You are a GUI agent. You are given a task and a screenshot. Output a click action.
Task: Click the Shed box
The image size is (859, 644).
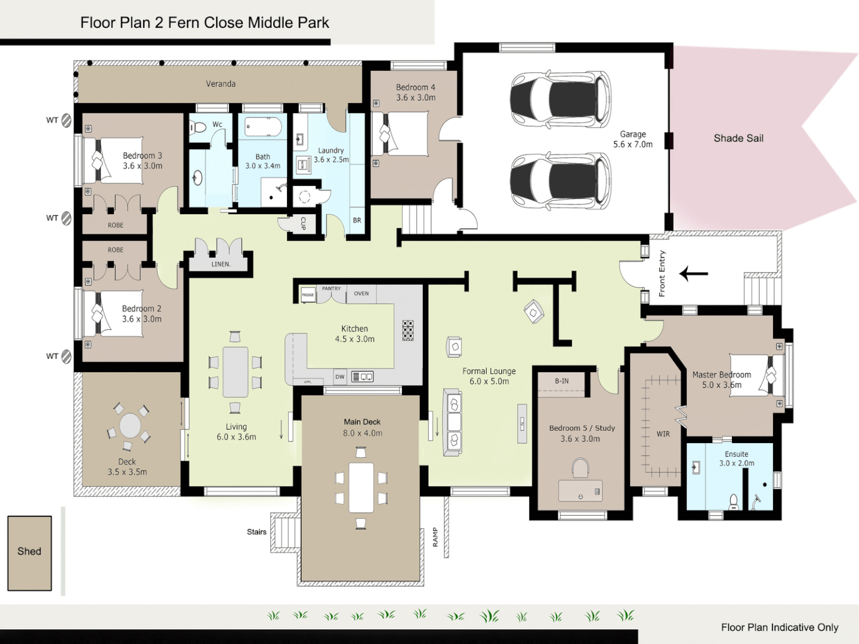point(29,552)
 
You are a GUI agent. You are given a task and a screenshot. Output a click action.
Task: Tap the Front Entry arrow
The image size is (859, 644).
point(694,274)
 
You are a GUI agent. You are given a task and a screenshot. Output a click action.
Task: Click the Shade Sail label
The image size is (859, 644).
point(739,138)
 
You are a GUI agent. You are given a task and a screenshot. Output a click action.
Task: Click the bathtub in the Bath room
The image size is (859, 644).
point(263,127)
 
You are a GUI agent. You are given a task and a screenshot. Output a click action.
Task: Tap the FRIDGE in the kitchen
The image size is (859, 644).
point(308,295)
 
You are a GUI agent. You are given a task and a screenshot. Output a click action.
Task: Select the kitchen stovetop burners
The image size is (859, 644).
point(408,330)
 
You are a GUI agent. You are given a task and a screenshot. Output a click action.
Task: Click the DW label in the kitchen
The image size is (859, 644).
point(340,377)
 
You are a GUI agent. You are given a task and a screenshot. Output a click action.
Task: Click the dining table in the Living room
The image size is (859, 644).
point(236,372)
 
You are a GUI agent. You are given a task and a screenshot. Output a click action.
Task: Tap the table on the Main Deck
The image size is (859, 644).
point(361,487)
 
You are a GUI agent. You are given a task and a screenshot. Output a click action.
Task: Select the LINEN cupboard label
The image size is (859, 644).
point(221,264)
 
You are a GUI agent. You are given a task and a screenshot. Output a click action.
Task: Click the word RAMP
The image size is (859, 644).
point(435,537)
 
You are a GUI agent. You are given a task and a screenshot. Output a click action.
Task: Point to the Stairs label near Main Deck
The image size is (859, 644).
point(257,532)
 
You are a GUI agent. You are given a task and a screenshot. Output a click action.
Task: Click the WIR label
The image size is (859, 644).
point(663,434)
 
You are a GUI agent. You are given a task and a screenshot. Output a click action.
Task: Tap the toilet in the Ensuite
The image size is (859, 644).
point(734,502)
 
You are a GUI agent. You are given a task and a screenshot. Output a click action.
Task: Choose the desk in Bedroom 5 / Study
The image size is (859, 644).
point(580,491)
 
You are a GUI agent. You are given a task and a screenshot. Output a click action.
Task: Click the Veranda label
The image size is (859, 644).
point(221,84)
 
